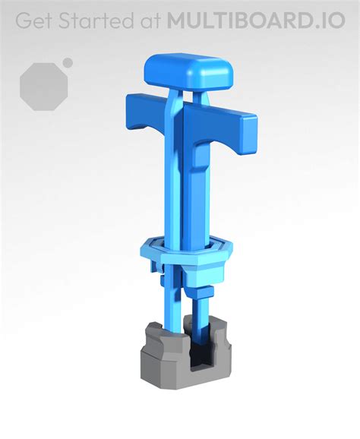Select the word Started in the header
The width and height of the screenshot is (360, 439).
coord(95,21)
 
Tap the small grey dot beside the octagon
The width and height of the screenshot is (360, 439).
coord(68,63)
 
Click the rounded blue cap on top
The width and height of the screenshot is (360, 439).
coord(188,70)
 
